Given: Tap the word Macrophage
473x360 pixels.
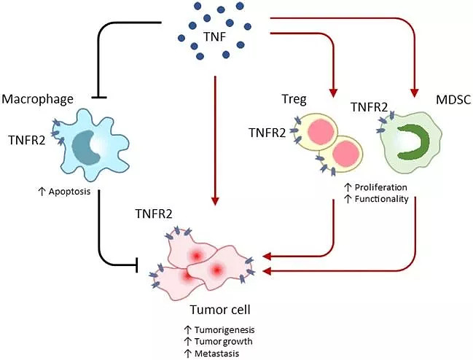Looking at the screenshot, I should [36, 98].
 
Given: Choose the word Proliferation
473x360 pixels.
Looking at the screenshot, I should [380, 187].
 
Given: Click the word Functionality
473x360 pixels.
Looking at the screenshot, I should [380, 199].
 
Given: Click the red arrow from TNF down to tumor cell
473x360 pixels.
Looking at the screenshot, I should [215, 146].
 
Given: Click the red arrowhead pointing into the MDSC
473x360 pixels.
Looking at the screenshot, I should [414, 93].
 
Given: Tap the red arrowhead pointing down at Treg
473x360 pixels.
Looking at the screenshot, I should [334, 93].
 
